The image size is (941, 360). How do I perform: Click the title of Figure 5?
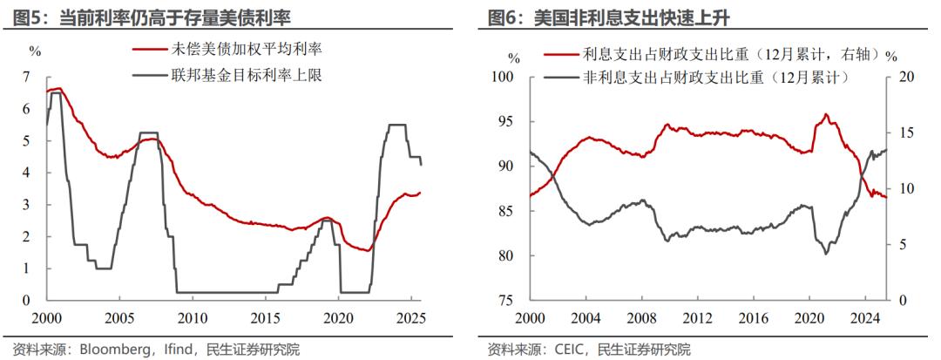pos(152,17)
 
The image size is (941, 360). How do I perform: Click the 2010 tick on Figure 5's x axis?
pos(193,317)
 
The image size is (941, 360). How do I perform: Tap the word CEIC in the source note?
pos(576,350)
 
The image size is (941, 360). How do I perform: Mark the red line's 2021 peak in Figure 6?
pos(825,114)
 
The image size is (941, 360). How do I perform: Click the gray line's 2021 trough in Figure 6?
pos(825,253)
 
